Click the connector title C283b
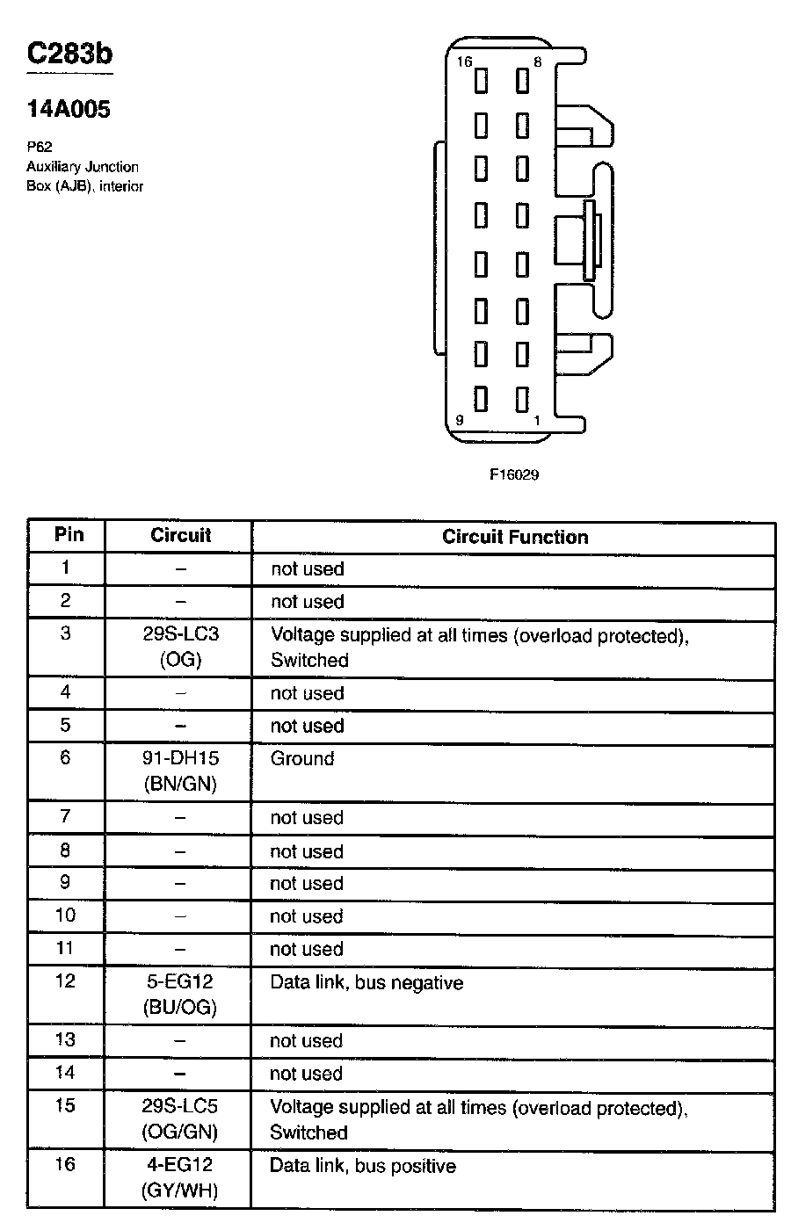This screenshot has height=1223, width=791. click(69, 54)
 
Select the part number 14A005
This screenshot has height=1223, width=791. click(69, 110)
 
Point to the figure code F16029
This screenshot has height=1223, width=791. click(514, 474)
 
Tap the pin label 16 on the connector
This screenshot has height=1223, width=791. click(464, 62)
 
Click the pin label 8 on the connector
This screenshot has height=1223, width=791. click(537, 62)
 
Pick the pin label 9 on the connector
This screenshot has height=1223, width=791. click(459, 421)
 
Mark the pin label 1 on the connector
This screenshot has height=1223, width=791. click(537, 421)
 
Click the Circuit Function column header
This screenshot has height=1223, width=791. click(515, 537)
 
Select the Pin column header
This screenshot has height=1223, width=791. click(69, 534)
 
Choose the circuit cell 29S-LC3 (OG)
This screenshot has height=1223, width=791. click(180, 647)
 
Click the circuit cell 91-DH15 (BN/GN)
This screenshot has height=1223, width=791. click(180, 771)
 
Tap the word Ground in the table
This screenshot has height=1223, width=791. click(302, 758)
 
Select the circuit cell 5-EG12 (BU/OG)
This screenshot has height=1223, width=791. click(180, 994)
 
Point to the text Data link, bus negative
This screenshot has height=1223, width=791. click(366, 982)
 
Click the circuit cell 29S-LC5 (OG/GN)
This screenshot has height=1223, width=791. click(180, 1118)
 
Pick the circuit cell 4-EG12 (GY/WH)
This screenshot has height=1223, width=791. click(180, 1177)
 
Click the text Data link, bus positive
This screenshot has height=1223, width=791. click(363, 1166)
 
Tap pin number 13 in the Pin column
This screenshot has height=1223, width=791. click(66, 1039)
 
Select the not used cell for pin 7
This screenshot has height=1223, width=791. click(307, 818)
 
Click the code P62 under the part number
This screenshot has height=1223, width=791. click(40, 148)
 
